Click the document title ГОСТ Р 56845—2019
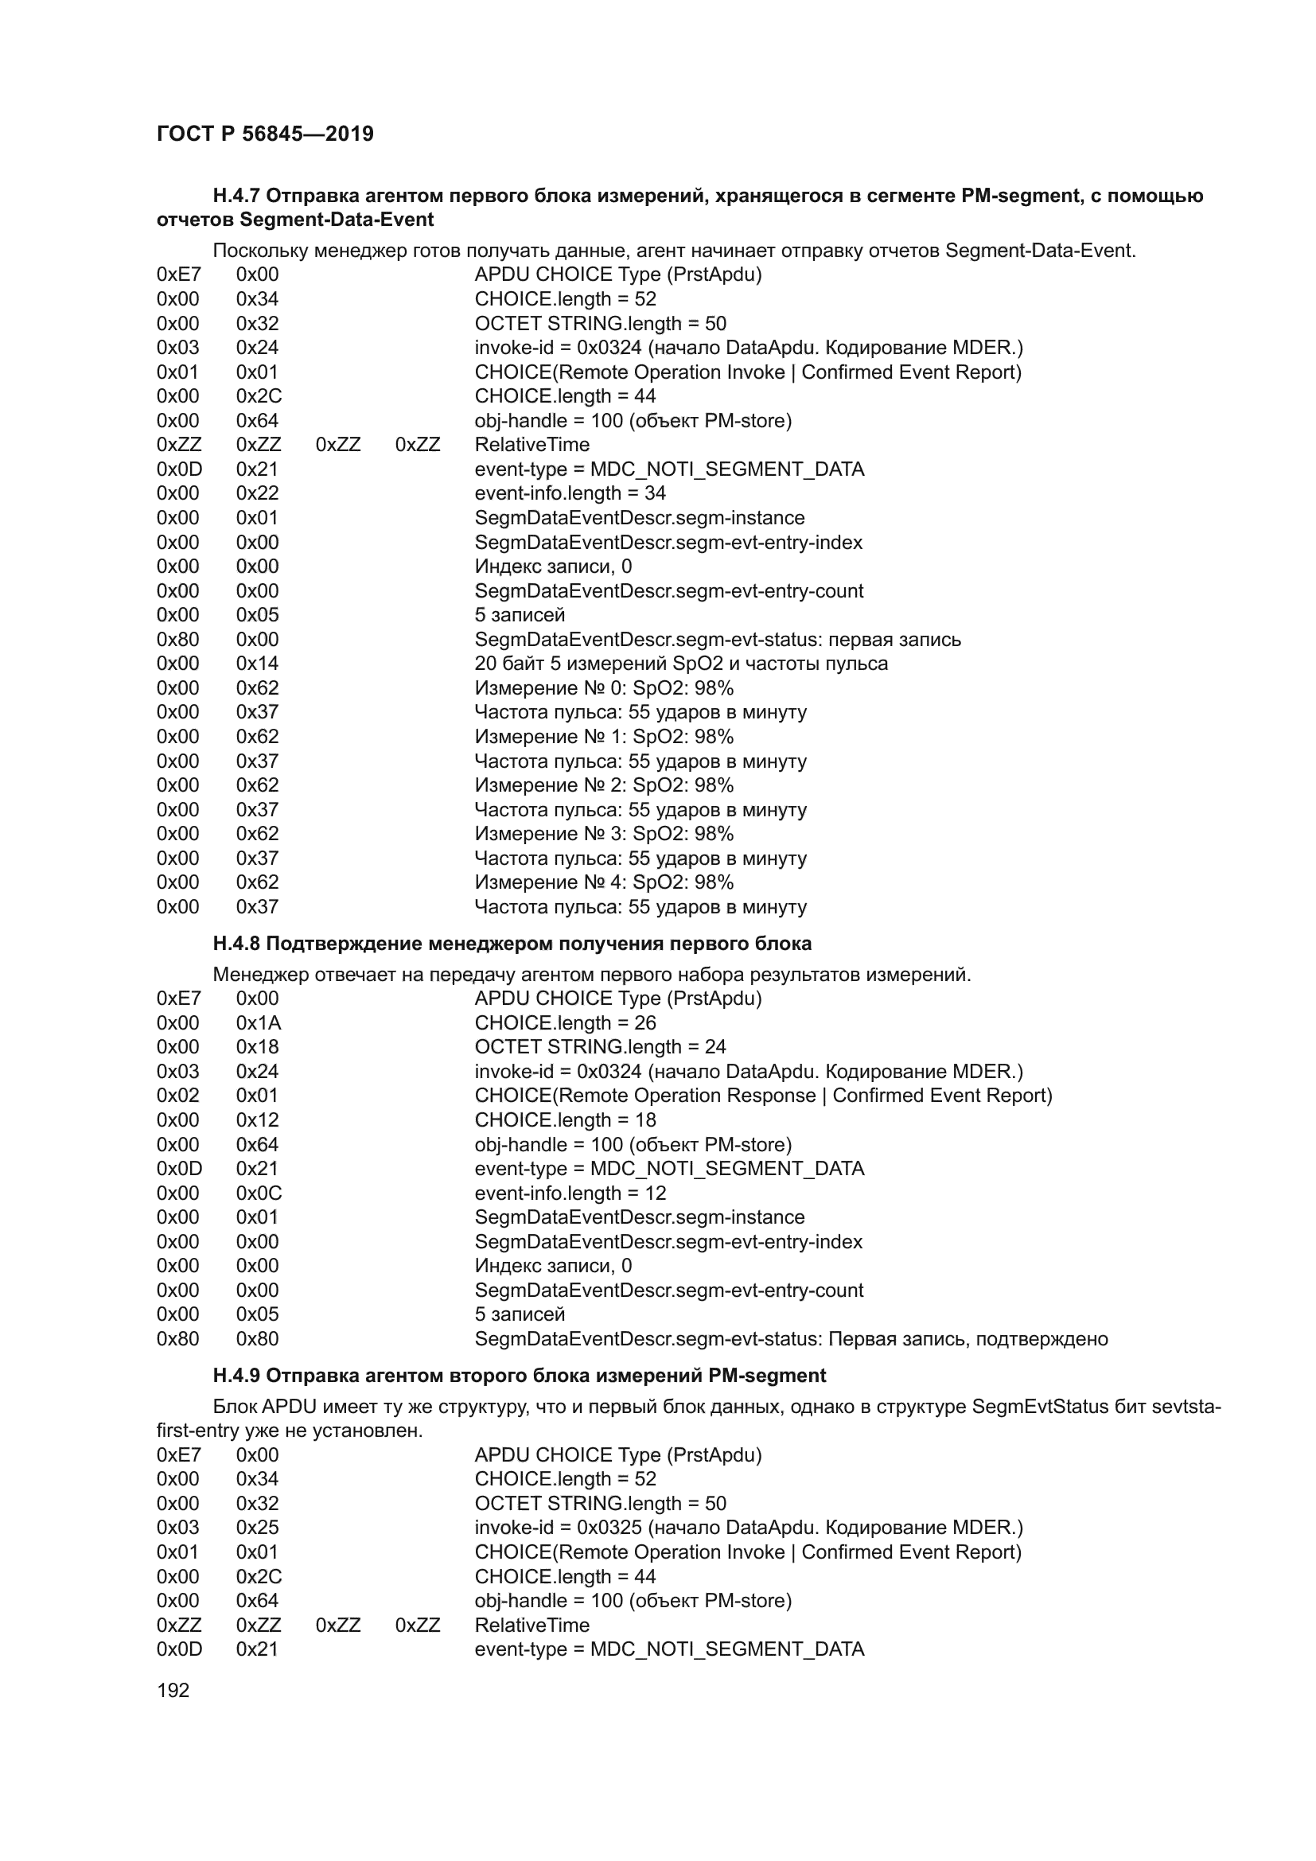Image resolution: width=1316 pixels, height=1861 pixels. [x=265, y=134]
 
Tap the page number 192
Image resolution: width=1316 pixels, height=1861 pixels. [x=173, y=1690]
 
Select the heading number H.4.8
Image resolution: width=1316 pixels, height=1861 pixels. [x=236, y=944]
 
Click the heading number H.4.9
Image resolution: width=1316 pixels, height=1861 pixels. [x=236, y=1376]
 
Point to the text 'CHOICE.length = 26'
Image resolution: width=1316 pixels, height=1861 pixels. [x=565, y=1023]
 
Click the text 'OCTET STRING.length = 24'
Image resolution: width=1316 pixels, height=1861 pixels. [x=600, y=1047]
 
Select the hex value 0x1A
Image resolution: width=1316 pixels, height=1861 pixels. [x=259, y=1023]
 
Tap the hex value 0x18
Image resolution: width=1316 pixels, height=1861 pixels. [x=257, y=1047]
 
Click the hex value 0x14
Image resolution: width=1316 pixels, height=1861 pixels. [x=257, y=664]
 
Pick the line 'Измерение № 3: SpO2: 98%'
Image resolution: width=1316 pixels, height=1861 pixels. [x=604, y=834]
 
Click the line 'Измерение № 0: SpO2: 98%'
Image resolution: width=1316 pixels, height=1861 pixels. [x=604, y=688]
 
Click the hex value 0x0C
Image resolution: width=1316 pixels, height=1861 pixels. [x=259, y=1193]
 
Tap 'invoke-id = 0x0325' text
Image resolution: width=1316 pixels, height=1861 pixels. [x=558, y=1528]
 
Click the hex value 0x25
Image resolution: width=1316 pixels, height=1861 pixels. [x=257, y=1528]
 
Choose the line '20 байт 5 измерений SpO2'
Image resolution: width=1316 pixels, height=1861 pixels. [x=681, y=664]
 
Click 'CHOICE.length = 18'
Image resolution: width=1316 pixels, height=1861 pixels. [x=565, y=1120]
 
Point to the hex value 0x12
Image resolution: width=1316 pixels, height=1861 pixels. [x=257, y=1120]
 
